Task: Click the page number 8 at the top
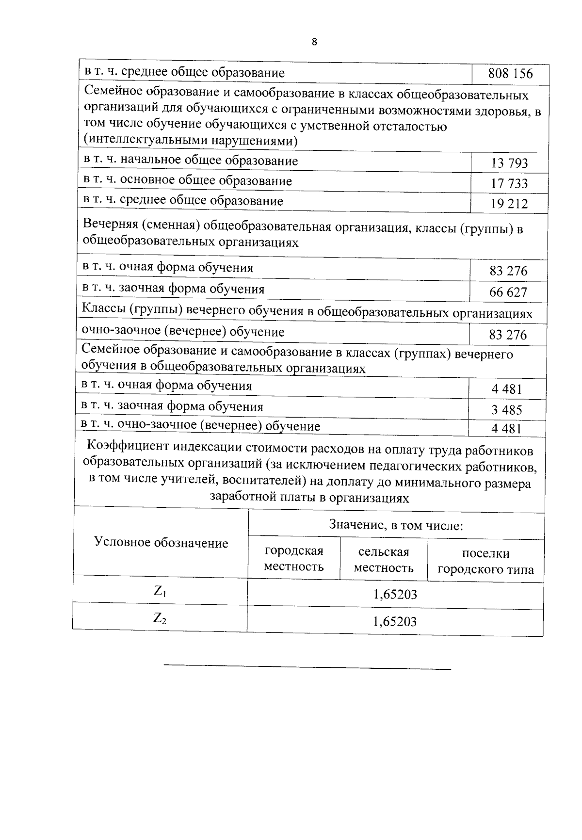coord(314,42)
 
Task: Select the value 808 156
coord(510,74)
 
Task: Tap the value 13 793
coord(509,163)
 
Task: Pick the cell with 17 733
coord(509,183)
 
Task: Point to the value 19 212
coord(509,204)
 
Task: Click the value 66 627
coord(508,292)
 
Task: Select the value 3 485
coord(506,410)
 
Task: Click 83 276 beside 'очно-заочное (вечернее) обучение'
coord(508,335)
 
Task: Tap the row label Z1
coord(160,591)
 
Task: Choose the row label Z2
coord(160,618)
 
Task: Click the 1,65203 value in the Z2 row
coord(395,622)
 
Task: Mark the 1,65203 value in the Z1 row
coord(395,595)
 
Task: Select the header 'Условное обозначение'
coord(161,543)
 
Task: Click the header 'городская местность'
coord(293,559)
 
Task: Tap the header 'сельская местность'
coord(384,560)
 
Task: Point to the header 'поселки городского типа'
coord(485,562)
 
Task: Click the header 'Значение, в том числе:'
coord(396,525)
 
